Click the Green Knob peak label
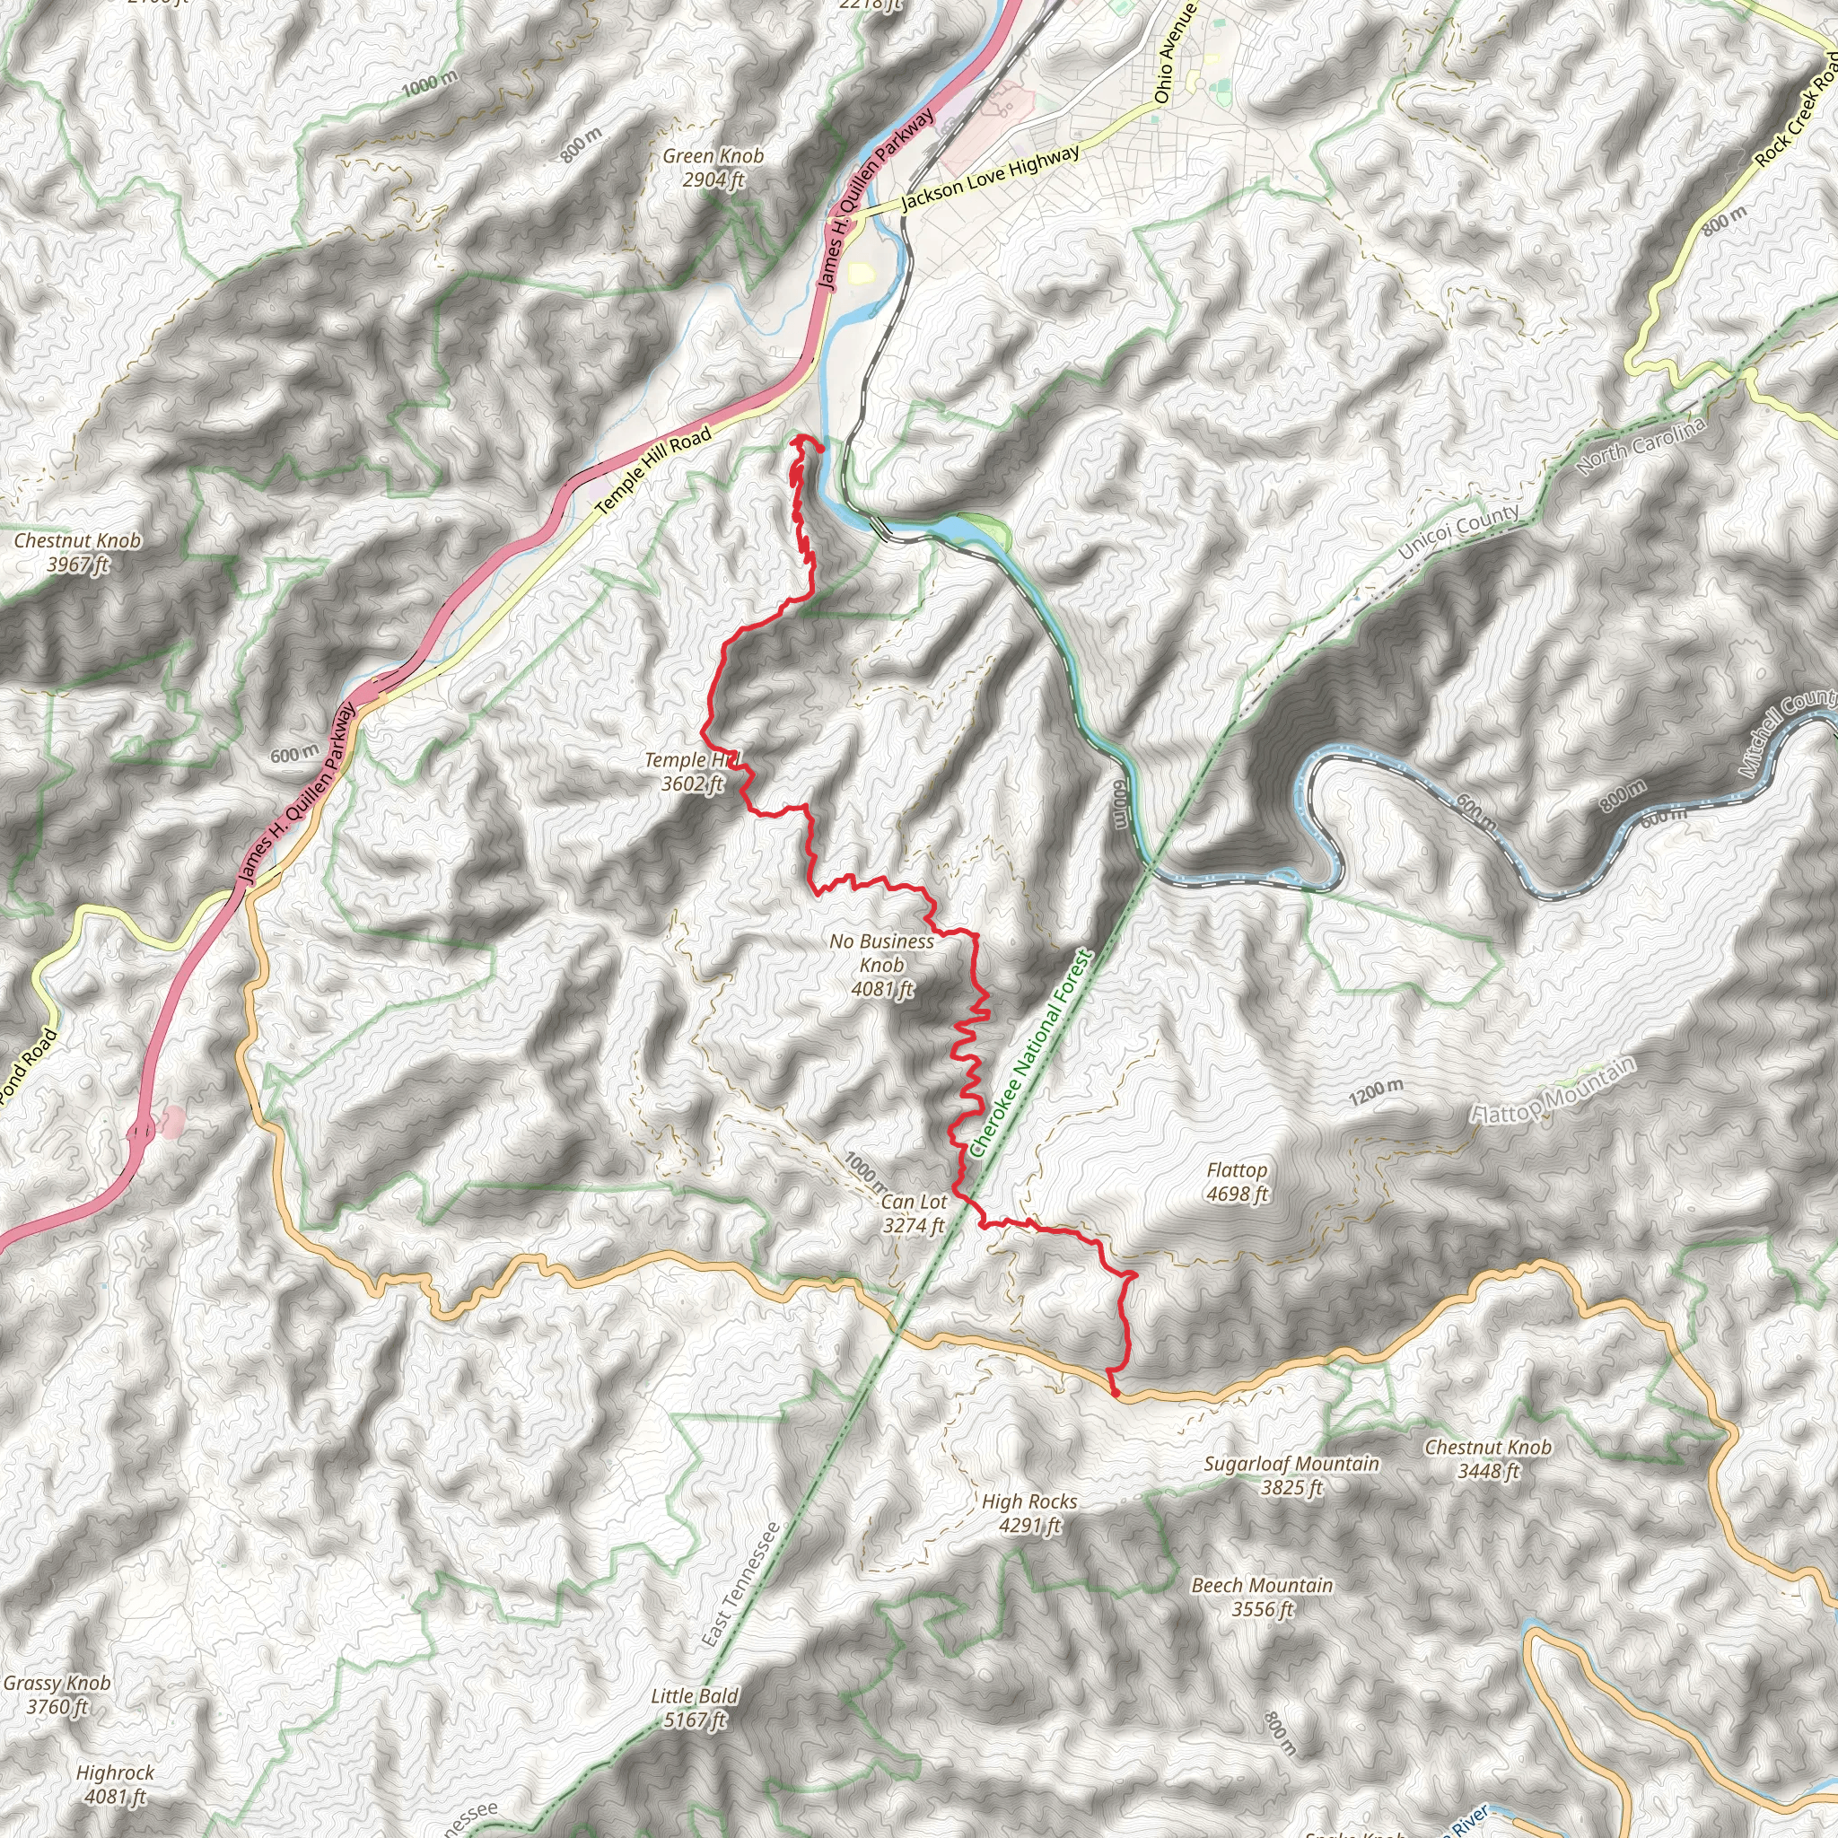pos(713,168)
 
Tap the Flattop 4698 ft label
pos(1237,1182)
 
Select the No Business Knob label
pos(882,965)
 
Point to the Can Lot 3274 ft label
pos(914,1214)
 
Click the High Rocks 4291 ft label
pos(1029,1512)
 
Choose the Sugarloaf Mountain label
pos(1291,1475)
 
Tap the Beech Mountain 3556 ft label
pos(1262,1597)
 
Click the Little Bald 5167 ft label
pos(695,1708)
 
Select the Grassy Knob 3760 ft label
pos(57,1694)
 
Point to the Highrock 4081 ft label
pos(114,1785)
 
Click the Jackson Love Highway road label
pos(989,177)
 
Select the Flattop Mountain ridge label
pos(1553,1090)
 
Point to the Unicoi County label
pos(1458,532)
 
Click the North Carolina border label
pos(1642,445)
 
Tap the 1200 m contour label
pos(1376,1093)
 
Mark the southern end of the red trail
pos(1115,1395)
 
